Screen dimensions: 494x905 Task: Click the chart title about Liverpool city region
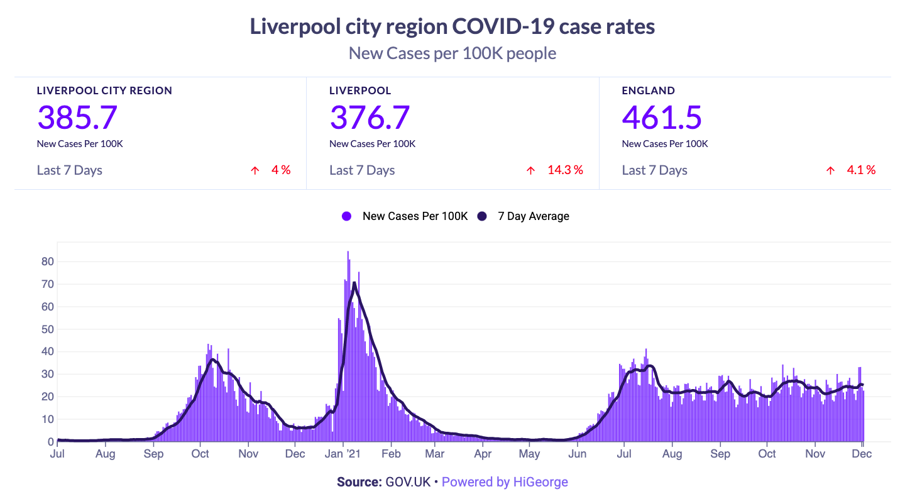click(x=452, y=27)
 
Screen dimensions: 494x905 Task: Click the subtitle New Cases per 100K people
click(x=452, y=53)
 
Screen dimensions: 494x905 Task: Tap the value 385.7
click(x=77, y=117)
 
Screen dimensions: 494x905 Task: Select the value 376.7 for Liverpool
click(x=370, y=117)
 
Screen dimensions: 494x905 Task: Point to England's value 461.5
click(x=662, y=117)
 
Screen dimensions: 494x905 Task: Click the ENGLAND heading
click(x=648, y=91)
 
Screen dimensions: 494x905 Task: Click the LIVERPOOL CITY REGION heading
click(x=104, y=91)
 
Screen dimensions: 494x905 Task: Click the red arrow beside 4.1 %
click(x=830, y=170)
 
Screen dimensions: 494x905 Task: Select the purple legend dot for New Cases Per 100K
click(x=346, y=216)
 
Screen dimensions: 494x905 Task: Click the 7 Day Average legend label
click(x=534, y=216)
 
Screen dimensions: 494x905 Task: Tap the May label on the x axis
click(x=530, y=454)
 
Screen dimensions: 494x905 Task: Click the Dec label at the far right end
click(x=862, y=454)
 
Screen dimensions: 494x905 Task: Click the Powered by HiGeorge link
click(x=505, y=482)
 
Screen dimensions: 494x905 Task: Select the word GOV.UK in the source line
click(x=408, y=482)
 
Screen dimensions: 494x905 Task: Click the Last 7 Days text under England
click(x=654, y=170)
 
